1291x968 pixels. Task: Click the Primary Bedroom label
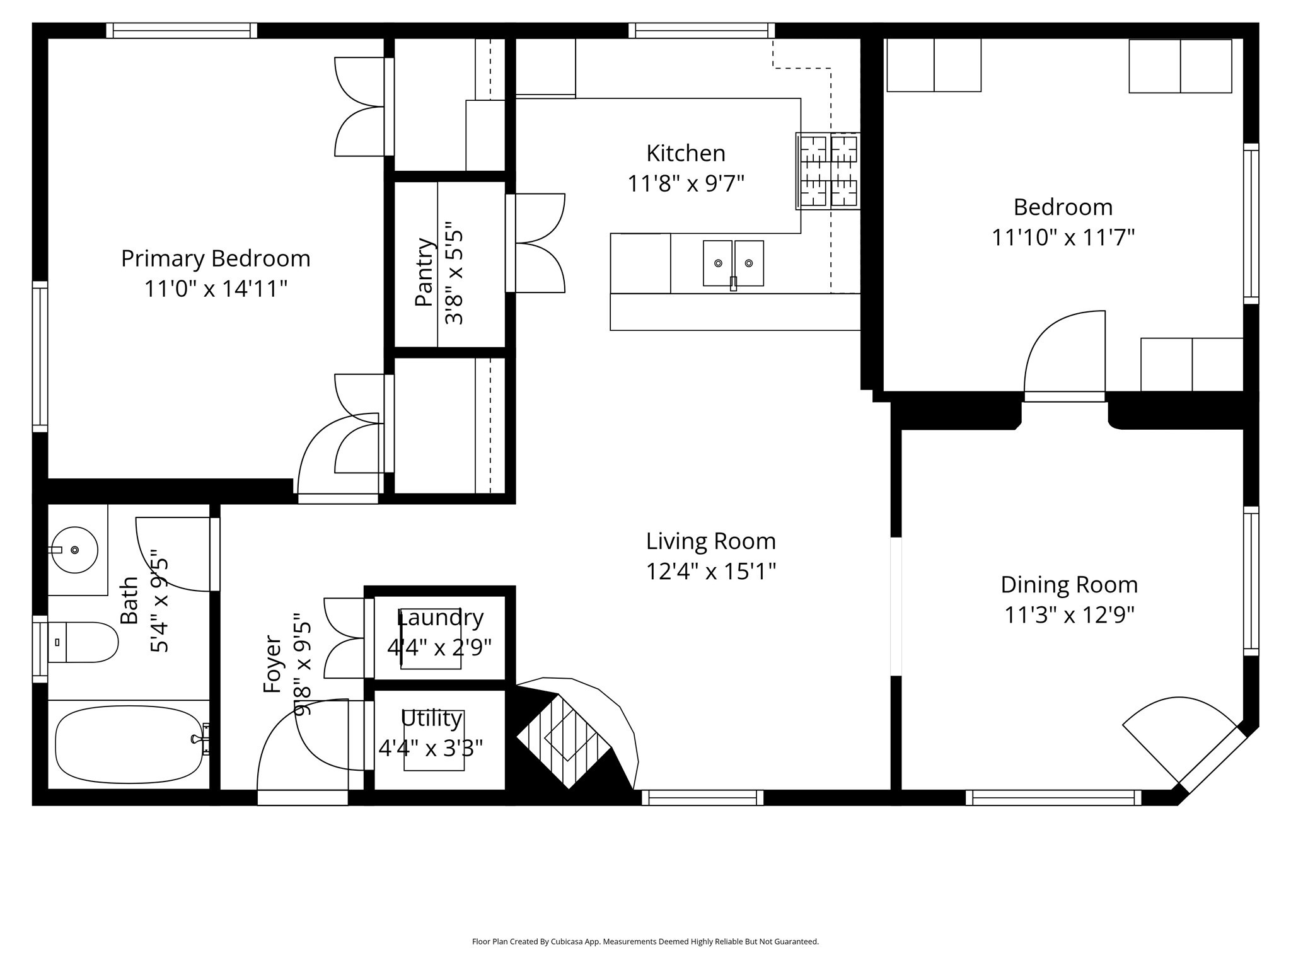[x=216, y=258]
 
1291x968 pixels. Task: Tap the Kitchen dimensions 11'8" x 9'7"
[x=686, y=184]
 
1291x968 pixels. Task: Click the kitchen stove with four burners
[x=828, y=171]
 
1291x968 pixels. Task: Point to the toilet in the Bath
[x=83, y=642]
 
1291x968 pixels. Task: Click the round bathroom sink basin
[x=74, y=550]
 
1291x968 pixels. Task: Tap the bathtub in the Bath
[x=129, y=744]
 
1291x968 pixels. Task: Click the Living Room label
[x=710, y=541]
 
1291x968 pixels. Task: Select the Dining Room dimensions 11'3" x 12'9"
[x=1069, y=614]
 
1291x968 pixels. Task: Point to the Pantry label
[x=425, y=272]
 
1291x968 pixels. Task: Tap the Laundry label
[x=440, y=618]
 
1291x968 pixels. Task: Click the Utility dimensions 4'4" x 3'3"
[x=431, y=749]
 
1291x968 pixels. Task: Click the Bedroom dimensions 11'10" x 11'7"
[x=1063, y=238]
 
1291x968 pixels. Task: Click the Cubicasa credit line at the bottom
[x=645, y=942]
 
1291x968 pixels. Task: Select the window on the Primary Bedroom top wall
[x=182, y=30]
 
